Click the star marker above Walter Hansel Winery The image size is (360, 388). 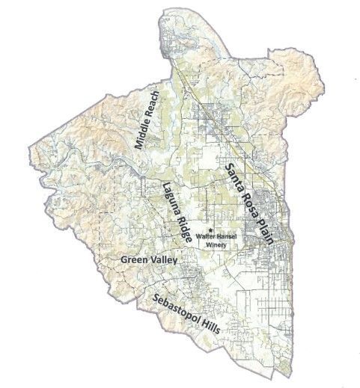[213, 230]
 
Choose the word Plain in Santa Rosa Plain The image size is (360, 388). [263, 231]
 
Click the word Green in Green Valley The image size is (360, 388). [135, 259]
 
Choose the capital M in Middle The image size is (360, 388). [136, 147]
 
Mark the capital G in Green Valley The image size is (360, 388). [124, 259]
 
